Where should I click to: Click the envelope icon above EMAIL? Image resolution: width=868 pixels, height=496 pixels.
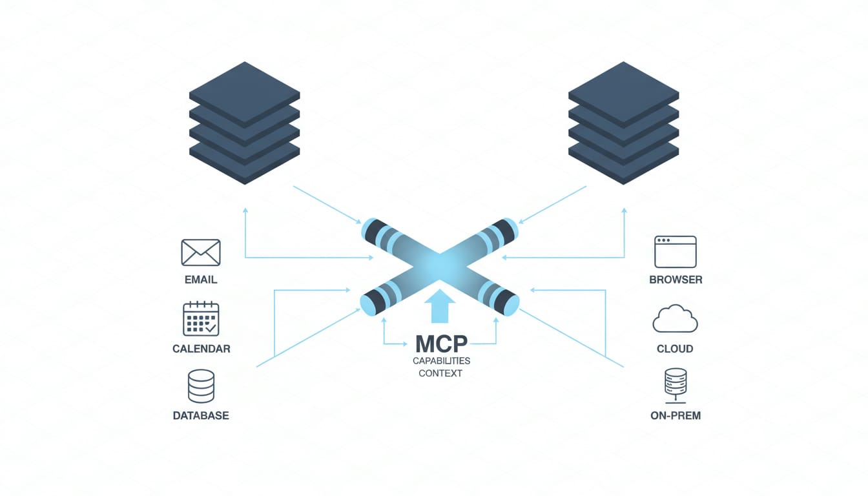coord(201,253)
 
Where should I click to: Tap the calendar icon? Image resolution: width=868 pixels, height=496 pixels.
coord(201,319)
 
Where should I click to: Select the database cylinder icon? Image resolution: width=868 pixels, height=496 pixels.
coord(201,386)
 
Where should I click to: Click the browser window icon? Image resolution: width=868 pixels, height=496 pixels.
coord(675,252)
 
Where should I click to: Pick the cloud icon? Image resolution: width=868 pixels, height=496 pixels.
coord(675,320)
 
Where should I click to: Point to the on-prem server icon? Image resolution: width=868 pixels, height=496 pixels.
coord(675,386)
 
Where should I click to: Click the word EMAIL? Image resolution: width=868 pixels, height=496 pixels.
coord(201,280)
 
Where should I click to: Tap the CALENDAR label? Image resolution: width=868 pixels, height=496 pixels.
coord(201,349)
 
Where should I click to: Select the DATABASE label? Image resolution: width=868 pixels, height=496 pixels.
coord(201,416)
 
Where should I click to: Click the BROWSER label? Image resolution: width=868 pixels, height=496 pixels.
coord(676,280)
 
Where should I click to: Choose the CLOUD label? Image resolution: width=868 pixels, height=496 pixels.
coord(675,349)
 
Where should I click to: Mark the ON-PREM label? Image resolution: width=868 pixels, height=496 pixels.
coord(675,416)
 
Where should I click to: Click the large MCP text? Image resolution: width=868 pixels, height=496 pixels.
coord(441,342)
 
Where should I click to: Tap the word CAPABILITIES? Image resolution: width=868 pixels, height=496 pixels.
coord(441,360)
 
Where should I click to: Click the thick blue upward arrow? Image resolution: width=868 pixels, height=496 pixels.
coord(440,307)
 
